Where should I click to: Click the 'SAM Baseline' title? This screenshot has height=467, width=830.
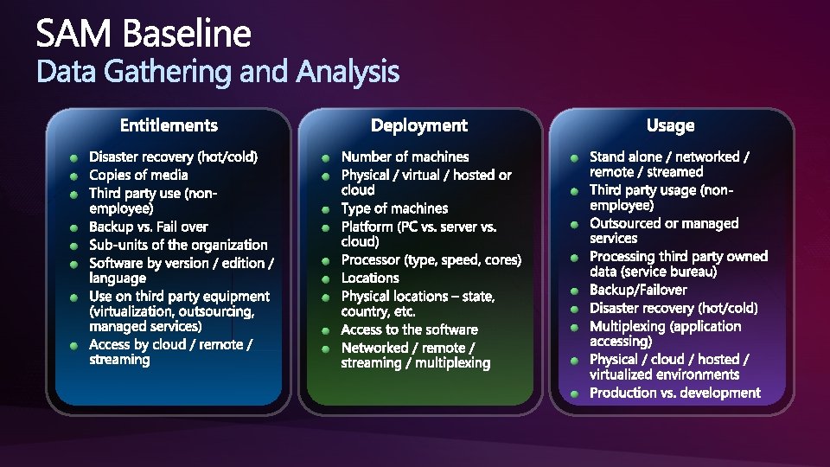(144, 33)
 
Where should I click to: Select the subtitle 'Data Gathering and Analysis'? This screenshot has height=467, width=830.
(218, 73)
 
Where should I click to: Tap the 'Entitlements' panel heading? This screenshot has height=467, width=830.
(169, 125)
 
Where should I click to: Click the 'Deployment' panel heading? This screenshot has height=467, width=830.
(419, 125)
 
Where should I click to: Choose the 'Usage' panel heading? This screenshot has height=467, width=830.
(670, 125)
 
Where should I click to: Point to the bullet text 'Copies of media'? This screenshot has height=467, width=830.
(138, 175)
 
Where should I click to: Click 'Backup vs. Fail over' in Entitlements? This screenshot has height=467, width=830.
(148, 227)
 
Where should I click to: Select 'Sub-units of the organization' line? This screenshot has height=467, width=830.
(178, 245)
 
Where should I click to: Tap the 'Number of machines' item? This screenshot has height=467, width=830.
(405, 157)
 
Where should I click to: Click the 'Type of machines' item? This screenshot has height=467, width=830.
(394, 208)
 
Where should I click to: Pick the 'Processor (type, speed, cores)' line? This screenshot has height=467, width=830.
(431, 260)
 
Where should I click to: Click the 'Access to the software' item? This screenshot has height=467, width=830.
(409, 329)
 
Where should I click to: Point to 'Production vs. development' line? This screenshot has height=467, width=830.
(675, 393)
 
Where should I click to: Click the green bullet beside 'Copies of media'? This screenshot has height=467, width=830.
(74, 176)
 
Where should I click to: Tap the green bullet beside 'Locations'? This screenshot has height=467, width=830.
(326, 279)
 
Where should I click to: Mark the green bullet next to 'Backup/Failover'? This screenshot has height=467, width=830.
(574, 291)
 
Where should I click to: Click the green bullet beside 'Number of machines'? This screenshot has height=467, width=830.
(326, 158)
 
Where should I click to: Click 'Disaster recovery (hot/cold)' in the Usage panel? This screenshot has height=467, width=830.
(674, 308)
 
